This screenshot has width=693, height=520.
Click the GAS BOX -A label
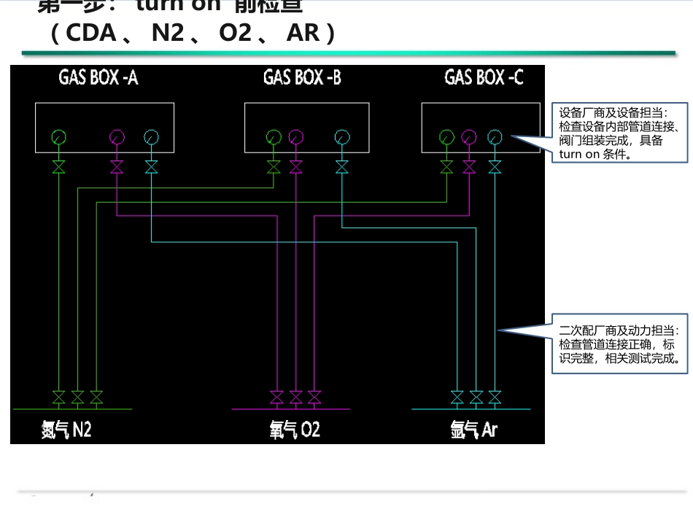[98, 78]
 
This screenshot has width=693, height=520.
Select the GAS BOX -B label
[302, 78]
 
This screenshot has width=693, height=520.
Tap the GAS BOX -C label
[484, 77]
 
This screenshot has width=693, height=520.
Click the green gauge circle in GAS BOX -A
[59, 136]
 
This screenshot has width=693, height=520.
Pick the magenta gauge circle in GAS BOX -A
[117, 136]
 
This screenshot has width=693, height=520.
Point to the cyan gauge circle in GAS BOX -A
[151, 136]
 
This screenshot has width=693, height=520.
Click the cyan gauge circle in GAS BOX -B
[342, 136]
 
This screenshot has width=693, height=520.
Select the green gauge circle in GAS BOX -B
[274, 136]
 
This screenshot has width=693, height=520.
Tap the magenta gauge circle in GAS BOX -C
[470, 136]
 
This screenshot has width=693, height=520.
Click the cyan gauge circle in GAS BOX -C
[495, 136]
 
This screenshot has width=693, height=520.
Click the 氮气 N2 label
[66, 430]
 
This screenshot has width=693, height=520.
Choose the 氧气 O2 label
[295, 430]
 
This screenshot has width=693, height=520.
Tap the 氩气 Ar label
[473, 430]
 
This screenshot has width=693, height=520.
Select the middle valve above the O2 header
[296, 397]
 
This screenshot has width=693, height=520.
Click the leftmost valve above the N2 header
[59, 397]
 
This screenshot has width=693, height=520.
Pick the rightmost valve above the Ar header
[495, 397]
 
